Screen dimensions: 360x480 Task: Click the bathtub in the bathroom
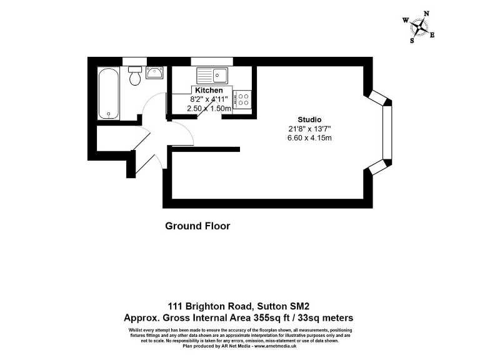tap(108, 93)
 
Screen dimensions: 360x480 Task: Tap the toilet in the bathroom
tap(134, 78)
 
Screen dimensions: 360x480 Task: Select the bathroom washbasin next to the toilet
tap(154, 74)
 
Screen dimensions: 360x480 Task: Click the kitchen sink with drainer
tap(212, 76)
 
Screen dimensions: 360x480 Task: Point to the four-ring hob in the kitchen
tap(242, 98)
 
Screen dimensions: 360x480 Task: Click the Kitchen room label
tap(209, 91)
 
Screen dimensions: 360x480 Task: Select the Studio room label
tap(309, 119)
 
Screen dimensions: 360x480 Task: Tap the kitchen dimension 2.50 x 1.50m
tap(209, 108)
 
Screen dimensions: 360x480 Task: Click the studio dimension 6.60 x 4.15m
tap(309, 137)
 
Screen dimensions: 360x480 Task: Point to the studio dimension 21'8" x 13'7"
tap(309, 129)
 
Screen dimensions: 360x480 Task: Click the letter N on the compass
tap(427, 13)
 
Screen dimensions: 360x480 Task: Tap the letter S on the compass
tap(412, 41)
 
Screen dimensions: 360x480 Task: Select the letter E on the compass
tap(432, 35)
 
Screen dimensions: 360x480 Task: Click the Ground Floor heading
tap(197, 226)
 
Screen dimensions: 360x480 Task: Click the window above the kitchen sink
tap(212, 61)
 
